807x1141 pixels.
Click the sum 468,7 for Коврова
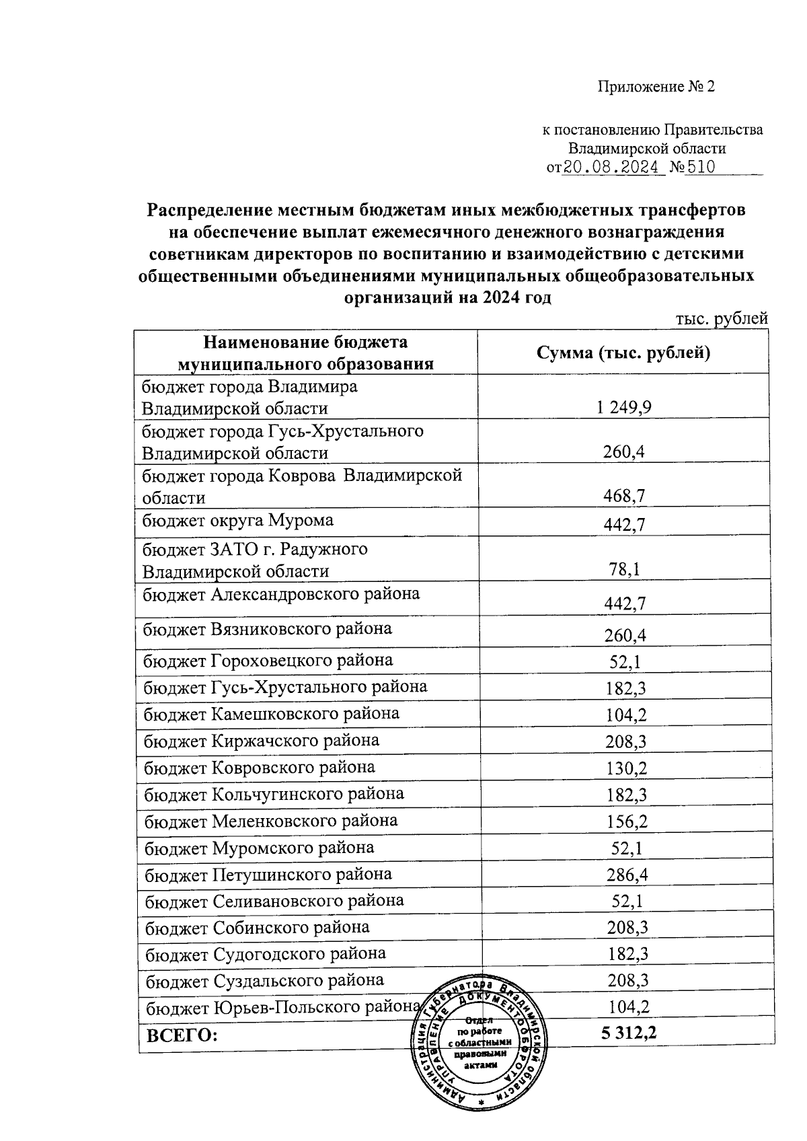[x=623, y=496]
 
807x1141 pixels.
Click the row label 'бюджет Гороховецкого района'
[x=268, y=660]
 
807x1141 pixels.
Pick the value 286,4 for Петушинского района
[x=627, y=875]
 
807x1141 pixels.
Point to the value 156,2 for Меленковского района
[x=627, y=821]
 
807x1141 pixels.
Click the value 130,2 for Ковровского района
[x=626, y=768]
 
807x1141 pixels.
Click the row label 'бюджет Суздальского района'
[x=265, y=980]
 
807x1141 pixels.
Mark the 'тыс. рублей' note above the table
[x=721, y=318]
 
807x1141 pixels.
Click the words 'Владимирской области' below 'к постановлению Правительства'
[x=647, y=148]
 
